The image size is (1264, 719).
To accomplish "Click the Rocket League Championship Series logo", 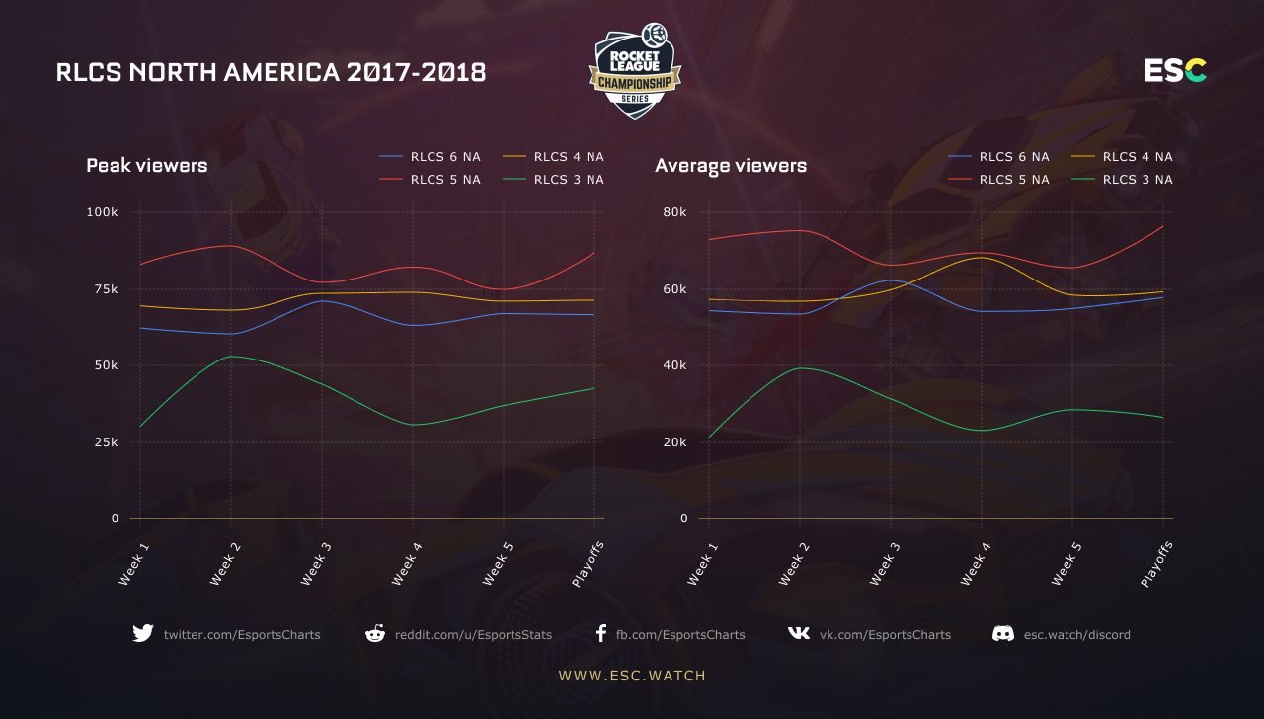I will click(634, 71).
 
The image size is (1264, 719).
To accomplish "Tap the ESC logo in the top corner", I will click(1175, 71).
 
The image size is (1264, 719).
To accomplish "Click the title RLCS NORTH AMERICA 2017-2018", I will click(271, 72).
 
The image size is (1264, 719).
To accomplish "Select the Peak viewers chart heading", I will click(147, 166).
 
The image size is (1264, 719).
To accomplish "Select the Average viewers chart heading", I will click(731, 166).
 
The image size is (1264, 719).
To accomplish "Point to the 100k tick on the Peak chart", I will click(103, 212).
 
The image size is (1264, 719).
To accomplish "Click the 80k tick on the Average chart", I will click(674, 212).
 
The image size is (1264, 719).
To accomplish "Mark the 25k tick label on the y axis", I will click(105, 442).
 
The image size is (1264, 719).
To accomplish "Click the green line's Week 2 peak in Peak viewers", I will click(231, 357).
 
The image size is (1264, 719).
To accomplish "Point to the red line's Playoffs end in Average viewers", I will click(1163, 226).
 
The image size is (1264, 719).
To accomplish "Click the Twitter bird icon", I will click(143, 634).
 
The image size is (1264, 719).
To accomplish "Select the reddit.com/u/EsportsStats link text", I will click(473, 635).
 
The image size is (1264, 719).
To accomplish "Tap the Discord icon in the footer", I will click(1003, 634).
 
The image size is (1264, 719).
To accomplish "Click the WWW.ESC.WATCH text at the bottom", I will click(632, 677).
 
